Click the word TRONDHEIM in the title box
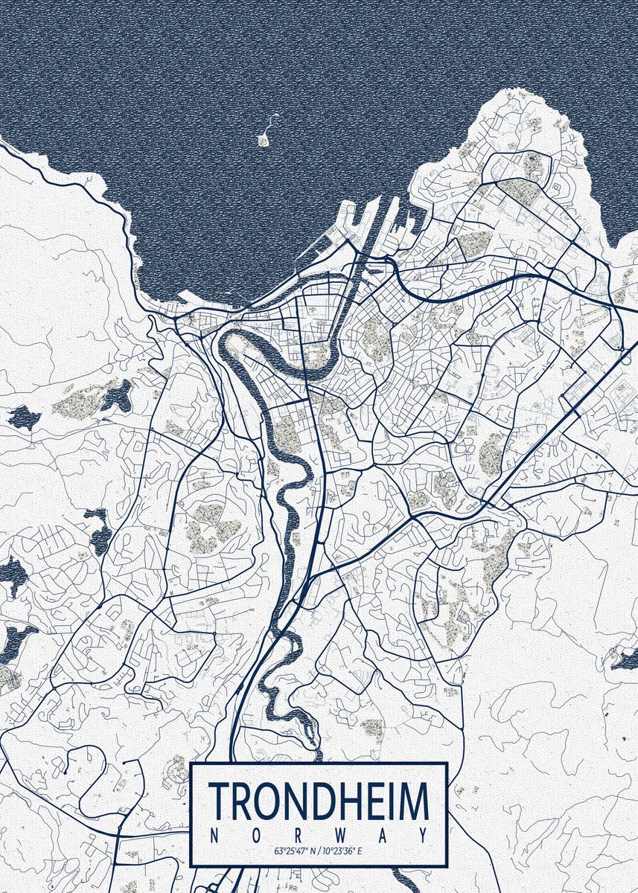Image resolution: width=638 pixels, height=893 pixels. [x=319, y=800]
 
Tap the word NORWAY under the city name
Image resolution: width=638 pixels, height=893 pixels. [x=319, y=835]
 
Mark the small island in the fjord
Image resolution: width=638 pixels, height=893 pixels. [x=263, y=138]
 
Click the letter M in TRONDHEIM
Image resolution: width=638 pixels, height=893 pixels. [x=414, y=800]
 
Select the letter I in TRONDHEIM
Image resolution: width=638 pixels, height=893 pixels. [x=392, y=800]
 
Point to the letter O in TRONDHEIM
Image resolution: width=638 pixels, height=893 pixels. [x=267, y=800]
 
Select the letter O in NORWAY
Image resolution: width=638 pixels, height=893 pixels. [x=256, y=835]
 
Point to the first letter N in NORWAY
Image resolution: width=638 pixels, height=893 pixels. [x=214, y=835]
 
